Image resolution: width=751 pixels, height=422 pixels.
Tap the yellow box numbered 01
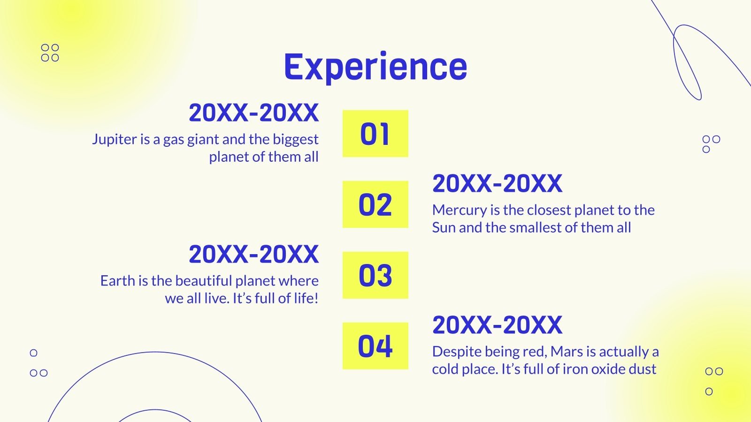[375, 133]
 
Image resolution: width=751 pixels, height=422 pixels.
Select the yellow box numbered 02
[375, 204]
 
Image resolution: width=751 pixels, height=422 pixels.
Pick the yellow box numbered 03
[375, 275]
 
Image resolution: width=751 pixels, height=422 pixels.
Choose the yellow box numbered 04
[375, 346]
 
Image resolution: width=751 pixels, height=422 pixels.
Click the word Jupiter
[115, 140]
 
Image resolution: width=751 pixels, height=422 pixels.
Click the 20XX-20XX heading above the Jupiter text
[254, 113]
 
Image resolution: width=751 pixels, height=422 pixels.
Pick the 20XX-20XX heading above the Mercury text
[497, 183]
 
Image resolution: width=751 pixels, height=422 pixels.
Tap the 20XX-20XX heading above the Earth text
[254, 254]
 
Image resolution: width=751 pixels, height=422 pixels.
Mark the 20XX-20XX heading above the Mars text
[497, 325]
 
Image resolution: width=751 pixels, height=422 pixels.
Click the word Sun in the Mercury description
[444, 228]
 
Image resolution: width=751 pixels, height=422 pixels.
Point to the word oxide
[606, 369]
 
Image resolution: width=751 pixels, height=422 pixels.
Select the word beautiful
[204, 281]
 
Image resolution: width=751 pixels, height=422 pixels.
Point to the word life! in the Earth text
[306, 298]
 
